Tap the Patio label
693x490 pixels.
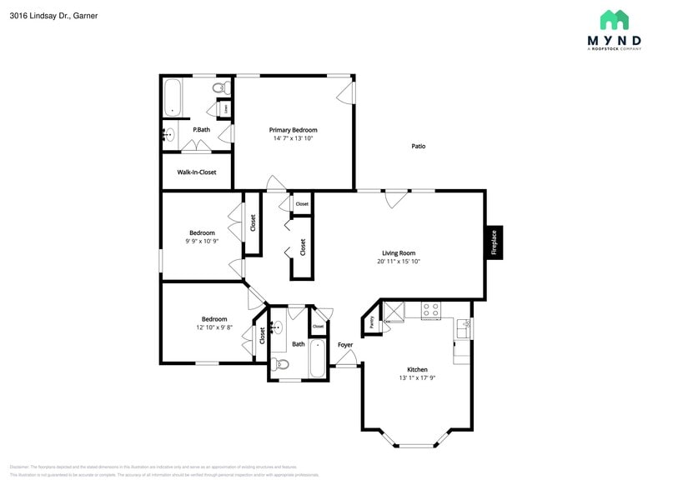click(419, 146)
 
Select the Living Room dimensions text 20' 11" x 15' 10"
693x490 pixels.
click(398, 262)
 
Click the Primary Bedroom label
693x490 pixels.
click(293, 130)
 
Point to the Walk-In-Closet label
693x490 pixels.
click(197, 172)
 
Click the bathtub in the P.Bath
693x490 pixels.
click(173, 97)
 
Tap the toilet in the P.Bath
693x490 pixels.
click(220, 87)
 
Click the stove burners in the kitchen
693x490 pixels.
click(430, 310)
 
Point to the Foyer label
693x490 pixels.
click(345, 345)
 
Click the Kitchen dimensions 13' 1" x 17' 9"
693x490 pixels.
click(417, 378)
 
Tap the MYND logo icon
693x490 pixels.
click(615, 20)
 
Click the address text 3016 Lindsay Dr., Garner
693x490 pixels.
click(48, 15)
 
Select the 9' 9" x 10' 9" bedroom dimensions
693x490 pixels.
click(201, 242)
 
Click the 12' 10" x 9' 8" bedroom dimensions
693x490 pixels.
click(213, 327)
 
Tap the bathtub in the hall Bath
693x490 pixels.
click(318, 359)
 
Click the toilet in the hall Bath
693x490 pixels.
click(281, 365)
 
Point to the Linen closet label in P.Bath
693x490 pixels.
click(225, 108)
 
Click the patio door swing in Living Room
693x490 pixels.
click(395, 199)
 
